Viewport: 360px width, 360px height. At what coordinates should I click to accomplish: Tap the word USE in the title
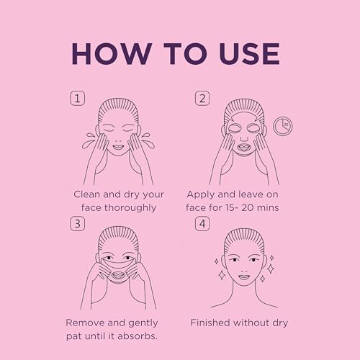249,54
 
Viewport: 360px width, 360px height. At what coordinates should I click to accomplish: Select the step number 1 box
77,98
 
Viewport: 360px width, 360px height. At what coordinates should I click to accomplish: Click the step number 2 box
202,98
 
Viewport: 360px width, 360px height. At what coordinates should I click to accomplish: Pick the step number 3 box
77,223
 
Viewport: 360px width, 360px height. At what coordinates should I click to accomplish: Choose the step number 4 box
202,223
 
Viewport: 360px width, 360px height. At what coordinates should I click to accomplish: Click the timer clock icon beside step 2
283,126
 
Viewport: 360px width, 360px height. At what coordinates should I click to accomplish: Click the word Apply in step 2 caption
200,195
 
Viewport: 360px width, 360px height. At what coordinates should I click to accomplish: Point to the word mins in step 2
267,208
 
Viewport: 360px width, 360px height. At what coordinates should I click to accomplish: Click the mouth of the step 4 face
244,277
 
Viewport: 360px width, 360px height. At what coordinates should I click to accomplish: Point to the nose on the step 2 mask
244,138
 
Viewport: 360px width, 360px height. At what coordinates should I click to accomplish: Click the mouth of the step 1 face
118,146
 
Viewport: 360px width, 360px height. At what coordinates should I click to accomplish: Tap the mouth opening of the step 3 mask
118,274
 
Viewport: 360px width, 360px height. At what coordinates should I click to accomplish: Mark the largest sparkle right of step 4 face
271,269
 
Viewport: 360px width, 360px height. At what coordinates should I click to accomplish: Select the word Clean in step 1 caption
87,194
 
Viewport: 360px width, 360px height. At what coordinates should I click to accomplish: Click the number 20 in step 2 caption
247,208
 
